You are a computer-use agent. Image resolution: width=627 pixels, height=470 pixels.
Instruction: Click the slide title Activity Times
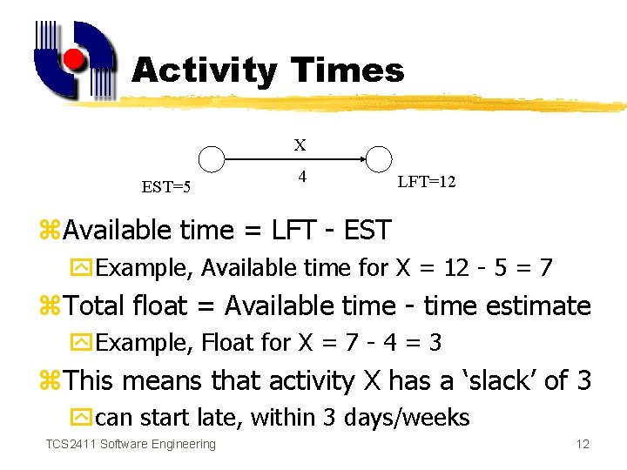tap(267, 70)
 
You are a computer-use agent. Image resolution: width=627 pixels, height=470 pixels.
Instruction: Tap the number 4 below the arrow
tap(301, 177)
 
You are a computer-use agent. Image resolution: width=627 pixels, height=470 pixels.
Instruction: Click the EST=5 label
tap(165, 187)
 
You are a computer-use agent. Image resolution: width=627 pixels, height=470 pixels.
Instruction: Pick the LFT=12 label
tap(426, 182)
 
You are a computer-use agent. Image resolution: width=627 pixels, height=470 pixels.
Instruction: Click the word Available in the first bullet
tap(118, 231)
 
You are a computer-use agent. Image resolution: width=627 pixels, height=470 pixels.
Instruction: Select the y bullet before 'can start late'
tap(84, 418)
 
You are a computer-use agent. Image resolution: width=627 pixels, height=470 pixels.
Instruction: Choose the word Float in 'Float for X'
tap(229, 343)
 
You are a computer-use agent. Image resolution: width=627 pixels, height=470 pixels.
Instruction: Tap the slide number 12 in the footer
tap(583, 445)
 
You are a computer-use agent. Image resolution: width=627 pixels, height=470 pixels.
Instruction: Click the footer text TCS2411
tap(71, 445)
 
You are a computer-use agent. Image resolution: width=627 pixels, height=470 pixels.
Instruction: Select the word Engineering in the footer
tap(184, 445)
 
